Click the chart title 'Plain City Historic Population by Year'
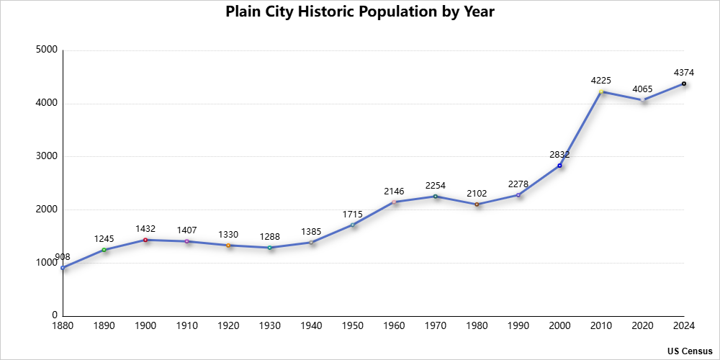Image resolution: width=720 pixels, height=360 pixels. coord(359,12)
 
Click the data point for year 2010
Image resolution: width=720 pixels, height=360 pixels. coord(601,91)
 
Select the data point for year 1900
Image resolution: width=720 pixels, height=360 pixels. coord(145,240)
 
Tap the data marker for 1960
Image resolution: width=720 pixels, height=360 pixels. coord(395,202)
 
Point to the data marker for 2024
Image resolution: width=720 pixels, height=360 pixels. coord(684,84)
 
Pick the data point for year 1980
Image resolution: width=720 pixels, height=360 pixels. coord(477,204)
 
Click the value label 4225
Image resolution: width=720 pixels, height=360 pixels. coord(601,80)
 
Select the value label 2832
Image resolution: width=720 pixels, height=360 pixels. coord(559,154)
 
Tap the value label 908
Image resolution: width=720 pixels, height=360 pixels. coord(63,257)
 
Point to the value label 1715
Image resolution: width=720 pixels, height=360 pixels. coord(353,214)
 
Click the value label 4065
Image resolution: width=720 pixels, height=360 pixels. coord(643,89)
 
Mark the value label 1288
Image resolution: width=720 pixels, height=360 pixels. coord(270,236)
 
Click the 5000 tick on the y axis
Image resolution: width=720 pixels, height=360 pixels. coord(47,50)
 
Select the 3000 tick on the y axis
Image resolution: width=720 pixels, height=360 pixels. coord(47,156)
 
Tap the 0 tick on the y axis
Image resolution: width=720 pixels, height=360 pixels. coord(54,315)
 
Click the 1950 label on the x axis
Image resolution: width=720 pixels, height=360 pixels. coord(353,326)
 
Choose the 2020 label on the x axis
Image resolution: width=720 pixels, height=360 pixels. coord(643,326)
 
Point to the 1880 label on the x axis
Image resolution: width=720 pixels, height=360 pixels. coord(63,326)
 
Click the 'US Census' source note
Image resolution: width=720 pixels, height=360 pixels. coord(690,351)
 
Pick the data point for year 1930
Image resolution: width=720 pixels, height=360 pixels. coord(270,248)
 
